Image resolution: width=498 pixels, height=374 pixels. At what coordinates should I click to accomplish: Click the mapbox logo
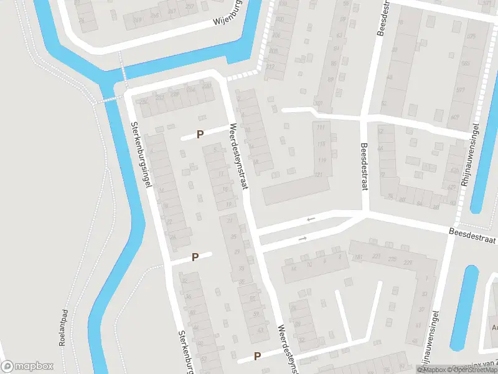pos(27,367)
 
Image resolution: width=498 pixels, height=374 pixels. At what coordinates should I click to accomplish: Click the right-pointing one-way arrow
pos(303,239)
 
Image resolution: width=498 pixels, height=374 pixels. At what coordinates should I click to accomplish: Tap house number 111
pos(321,128)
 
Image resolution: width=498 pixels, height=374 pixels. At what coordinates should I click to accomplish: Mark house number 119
pos(322,160)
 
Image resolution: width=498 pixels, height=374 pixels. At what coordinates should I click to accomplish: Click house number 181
pos(357,257)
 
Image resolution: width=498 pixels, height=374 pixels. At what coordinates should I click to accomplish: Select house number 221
pos(376,257)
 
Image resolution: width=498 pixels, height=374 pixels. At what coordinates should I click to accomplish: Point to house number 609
pos(454,117)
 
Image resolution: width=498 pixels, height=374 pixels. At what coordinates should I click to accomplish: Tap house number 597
pos(461,90)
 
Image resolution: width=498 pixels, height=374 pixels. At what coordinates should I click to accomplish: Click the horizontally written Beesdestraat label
pos(473,235)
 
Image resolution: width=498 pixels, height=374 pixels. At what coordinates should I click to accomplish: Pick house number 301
pos(319,103)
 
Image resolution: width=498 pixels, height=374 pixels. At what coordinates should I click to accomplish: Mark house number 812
pos(270,66)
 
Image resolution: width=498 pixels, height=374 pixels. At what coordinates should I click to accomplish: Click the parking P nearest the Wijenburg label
pos(200,134)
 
